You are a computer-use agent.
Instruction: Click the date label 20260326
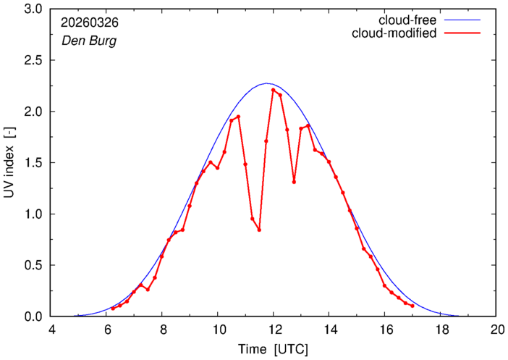pos(90,22)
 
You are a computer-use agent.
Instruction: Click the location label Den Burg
pos(89,41)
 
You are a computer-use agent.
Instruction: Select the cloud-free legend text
pos(407,20)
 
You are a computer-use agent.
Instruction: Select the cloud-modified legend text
pos(394,33)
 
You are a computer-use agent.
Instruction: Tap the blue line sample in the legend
pos(462,20)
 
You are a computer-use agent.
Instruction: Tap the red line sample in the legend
pos(462,33)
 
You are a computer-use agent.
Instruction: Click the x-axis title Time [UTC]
pos(273,350)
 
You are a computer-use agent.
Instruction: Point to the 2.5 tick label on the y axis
pos(33,60)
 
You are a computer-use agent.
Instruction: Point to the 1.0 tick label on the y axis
pos(33,214)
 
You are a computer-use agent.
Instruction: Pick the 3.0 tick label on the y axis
pos(33,9)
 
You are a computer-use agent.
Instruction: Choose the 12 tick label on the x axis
pos(273,330)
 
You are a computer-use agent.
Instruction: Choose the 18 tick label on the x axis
pos(440,330)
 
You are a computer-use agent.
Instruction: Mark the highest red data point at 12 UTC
pos(273,90)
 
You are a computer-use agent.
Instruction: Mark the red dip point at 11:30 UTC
pos(259,230)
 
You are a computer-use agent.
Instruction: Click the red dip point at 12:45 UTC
pos(294,182)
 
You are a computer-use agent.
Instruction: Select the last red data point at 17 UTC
pos(412,306)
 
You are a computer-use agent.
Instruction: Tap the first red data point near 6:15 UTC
pos(113,309)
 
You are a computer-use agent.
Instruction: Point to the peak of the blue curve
pos(266,83)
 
